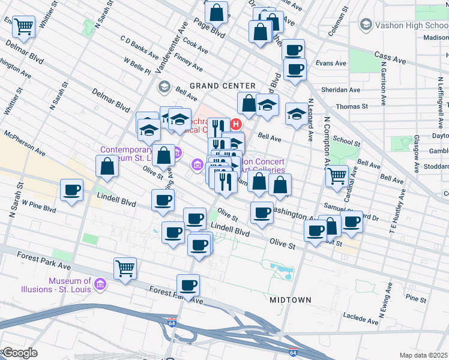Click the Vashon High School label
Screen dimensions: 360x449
[x=406, y=25]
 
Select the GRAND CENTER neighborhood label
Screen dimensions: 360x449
[x=223, y=86]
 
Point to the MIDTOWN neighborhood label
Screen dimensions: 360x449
[x=291, y=299]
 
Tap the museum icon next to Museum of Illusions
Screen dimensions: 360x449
[x=100, y=283]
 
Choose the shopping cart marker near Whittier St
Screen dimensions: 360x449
[x=23, y=26]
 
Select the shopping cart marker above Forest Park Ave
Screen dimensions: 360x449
[x=125, y=268]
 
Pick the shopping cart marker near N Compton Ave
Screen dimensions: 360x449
[x=337, y=176]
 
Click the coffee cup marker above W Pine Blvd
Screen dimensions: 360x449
[x=72, y=191]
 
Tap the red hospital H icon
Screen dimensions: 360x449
[x=236, y=125]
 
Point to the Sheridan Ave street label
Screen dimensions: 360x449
[x=340, y=89]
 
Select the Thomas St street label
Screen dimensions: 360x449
[x=352, y=106]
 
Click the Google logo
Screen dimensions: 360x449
[x=20, y=353]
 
